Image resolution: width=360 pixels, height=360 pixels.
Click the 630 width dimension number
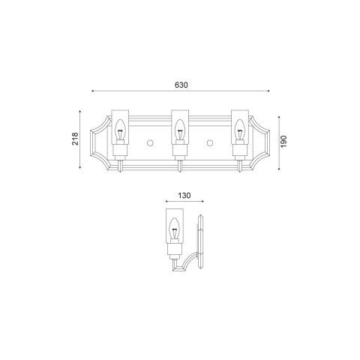pos(180,85)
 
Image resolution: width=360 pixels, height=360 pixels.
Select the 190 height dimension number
pos(284,142)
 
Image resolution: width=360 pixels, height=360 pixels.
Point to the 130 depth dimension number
pos(184,196)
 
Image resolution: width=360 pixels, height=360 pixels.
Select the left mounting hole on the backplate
pos(150,142)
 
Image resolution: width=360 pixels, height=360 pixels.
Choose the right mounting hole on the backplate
pos(209,142)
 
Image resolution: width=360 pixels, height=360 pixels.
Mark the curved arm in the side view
pos(187,262)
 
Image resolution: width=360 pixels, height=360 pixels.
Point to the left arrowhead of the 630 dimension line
pos(92,91)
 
